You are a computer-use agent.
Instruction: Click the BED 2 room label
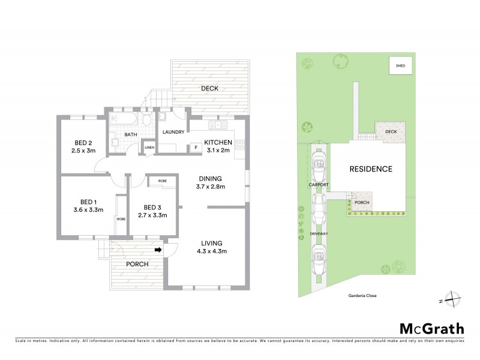pyautogui.click(x=83, y=142)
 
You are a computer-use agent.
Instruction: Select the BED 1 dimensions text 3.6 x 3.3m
pyautogui.click(x=83, y=210)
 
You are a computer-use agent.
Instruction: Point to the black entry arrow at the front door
pyautogui.click(x=158, y=250)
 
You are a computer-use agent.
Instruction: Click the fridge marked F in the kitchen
pyautogui.click(x=195, y=146)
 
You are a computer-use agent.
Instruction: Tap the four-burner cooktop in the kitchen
pyautogui.click(x=240, y=144)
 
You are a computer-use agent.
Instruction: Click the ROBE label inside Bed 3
pyautogui.click(x=162, y=181)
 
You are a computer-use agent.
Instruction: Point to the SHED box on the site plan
pyautogui.click(x=398, y=65)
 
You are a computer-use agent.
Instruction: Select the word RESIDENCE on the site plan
pyautogui.click(x=371, y=169)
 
